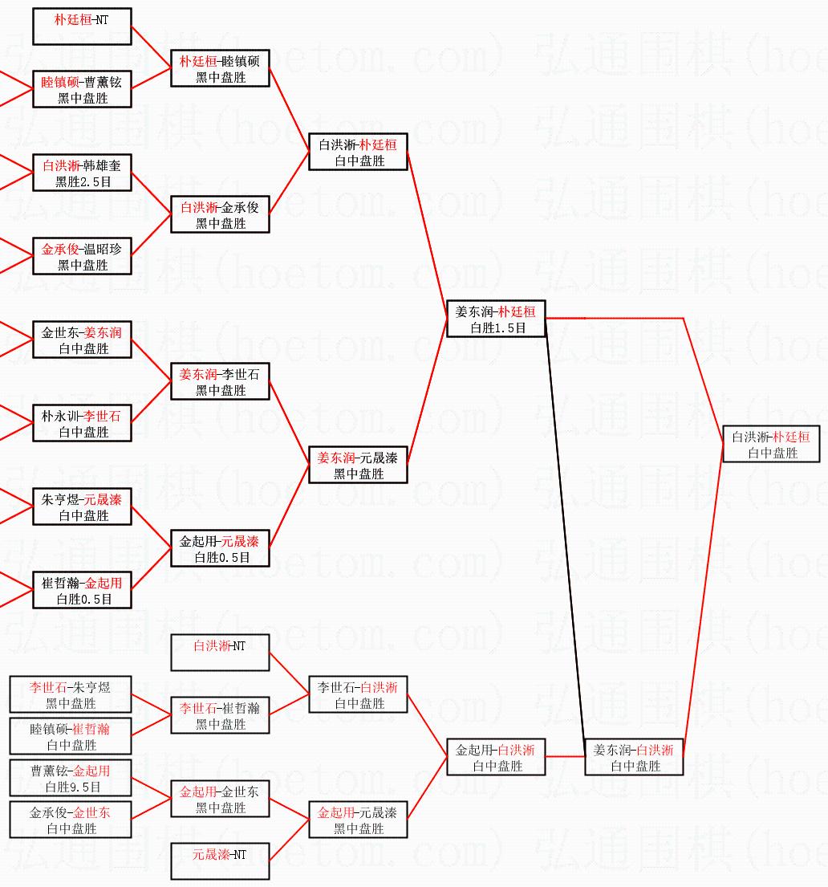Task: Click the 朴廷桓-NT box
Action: click(x=82, y=26)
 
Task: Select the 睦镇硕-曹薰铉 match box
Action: click(x=82, y=90)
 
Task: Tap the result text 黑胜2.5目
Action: click(x=82, y=182)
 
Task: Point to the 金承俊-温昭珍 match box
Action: click(x=82, y=256)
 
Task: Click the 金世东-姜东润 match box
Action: click(x=82, y=340)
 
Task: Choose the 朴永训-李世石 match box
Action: click(x=82, y=423)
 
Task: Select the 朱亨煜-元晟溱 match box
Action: click(x=82, y=507)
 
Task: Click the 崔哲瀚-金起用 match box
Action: click(x=82, y=590)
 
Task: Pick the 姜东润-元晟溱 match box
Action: click(x=358, y=465)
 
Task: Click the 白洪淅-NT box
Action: click(x=220, y=653)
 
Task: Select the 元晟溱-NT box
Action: click(x=220, y=861)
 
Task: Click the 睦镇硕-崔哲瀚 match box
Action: click(x=71, y=736)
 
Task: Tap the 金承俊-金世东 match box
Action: click(x=71, y=820)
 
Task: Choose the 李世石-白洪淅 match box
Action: click(x=358, y=694)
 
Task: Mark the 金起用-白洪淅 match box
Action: click(x=496, y=757)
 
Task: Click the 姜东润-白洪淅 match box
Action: click(x=634, y=757)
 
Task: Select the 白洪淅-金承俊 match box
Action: click(x=220, y=214)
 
